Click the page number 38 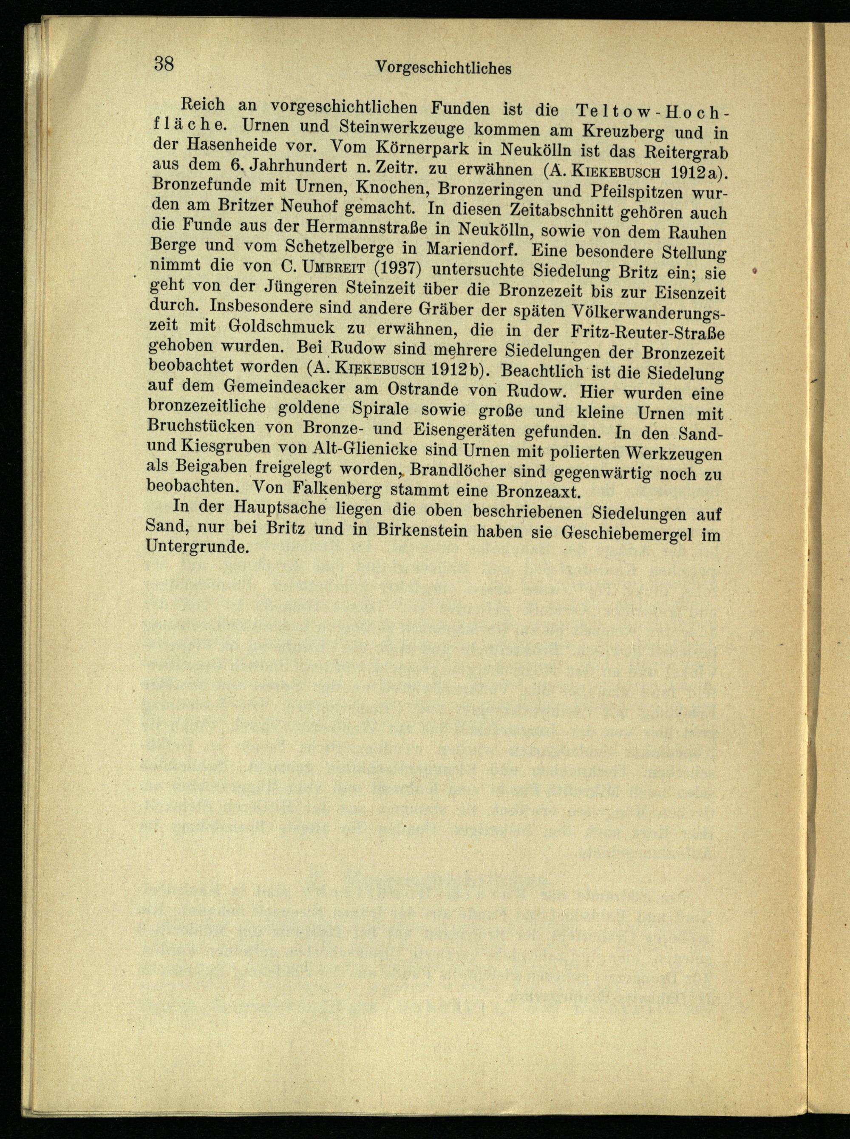[164, 64]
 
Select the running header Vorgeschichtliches [444, 68]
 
